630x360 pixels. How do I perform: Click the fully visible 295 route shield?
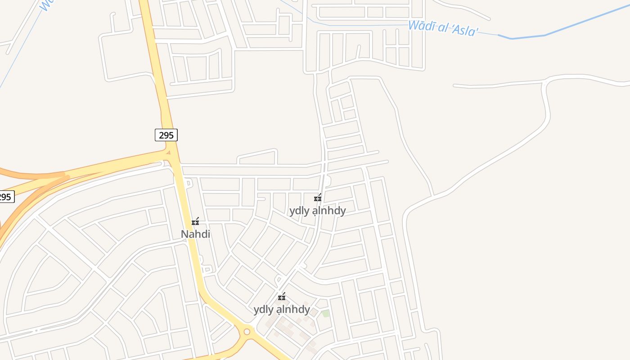click(166, 135)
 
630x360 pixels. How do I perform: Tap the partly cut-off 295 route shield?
click(6, 197)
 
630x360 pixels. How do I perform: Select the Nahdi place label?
click(195, 234)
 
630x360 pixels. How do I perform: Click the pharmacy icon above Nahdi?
click(195, 221)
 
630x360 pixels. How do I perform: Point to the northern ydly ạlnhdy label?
click(317, 211)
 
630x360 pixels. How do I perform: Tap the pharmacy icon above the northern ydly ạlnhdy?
click(318, 198)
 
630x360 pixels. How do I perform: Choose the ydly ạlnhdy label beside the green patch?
click(282, 309)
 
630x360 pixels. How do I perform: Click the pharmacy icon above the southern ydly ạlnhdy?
click(282, 297)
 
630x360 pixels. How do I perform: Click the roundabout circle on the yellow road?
click(247, 332)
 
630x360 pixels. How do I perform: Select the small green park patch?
click(325, 313)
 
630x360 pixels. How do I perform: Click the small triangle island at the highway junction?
click(168, 153)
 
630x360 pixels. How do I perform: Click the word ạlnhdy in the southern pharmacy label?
click(293, 309)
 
